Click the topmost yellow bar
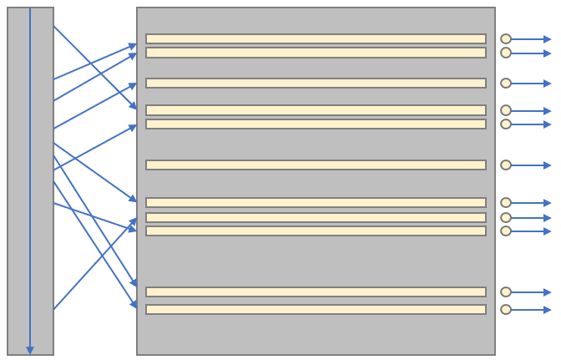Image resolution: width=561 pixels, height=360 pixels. point(316,38)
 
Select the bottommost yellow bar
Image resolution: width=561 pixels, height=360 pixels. point(316,309)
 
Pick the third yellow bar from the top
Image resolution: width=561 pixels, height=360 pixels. point(316,83)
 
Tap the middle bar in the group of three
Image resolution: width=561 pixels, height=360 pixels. point(316,217)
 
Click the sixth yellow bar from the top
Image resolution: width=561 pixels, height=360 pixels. point(316,165)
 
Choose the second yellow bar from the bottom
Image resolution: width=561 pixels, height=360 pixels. point(316,292)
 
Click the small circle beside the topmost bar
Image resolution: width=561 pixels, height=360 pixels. point(506,38)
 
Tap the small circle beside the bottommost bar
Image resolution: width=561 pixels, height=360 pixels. point(506,309)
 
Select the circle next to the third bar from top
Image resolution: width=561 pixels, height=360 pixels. point(506,83)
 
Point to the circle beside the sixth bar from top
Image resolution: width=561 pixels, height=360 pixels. point(506,165)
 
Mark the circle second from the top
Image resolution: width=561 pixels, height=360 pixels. point(506,53)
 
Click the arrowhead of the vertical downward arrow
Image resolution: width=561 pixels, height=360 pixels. point(30,350)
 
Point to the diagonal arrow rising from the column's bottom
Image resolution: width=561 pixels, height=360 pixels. point(94,264)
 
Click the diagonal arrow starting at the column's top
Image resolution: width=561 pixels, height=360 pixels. point(94,67)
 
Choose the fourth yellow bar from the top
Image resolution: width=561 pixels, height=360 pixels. point(316,109)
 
